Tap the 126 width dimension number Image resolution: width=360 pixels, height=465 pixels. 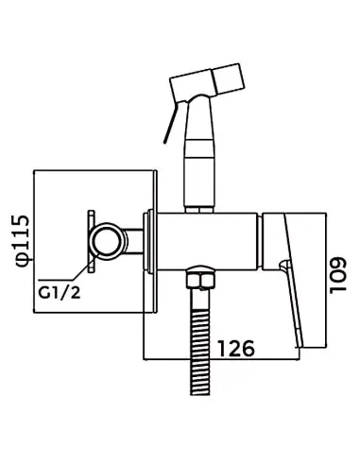click(236, 348)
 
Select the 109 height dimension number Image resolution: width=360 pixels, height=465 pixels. click(337, 275)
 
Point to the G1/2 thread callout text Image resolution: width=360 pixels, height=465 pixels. click(60, 293)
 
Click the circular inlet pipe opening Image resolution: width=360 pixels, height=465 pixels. click(108, 241)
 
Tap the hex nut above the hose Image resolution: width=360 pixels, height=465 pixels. click(200, 279)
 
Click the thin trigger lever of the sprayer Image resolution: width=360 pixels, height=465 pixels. click(171, 122)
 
